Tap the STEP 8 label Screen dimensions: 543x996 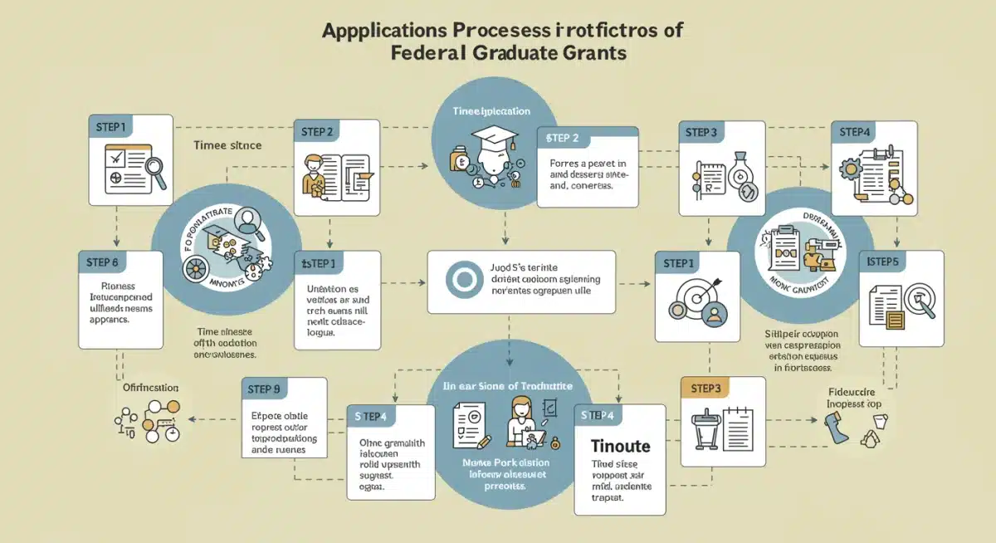coord(105,262)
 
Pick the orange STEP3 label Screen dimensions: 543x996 coord(705,389)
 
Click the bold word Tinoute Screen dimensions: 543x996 coord(621,446)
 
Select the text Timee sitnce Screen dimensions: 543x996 coord(227,145)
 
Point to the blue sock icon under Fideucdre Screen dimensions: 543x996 coord(833,431)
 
